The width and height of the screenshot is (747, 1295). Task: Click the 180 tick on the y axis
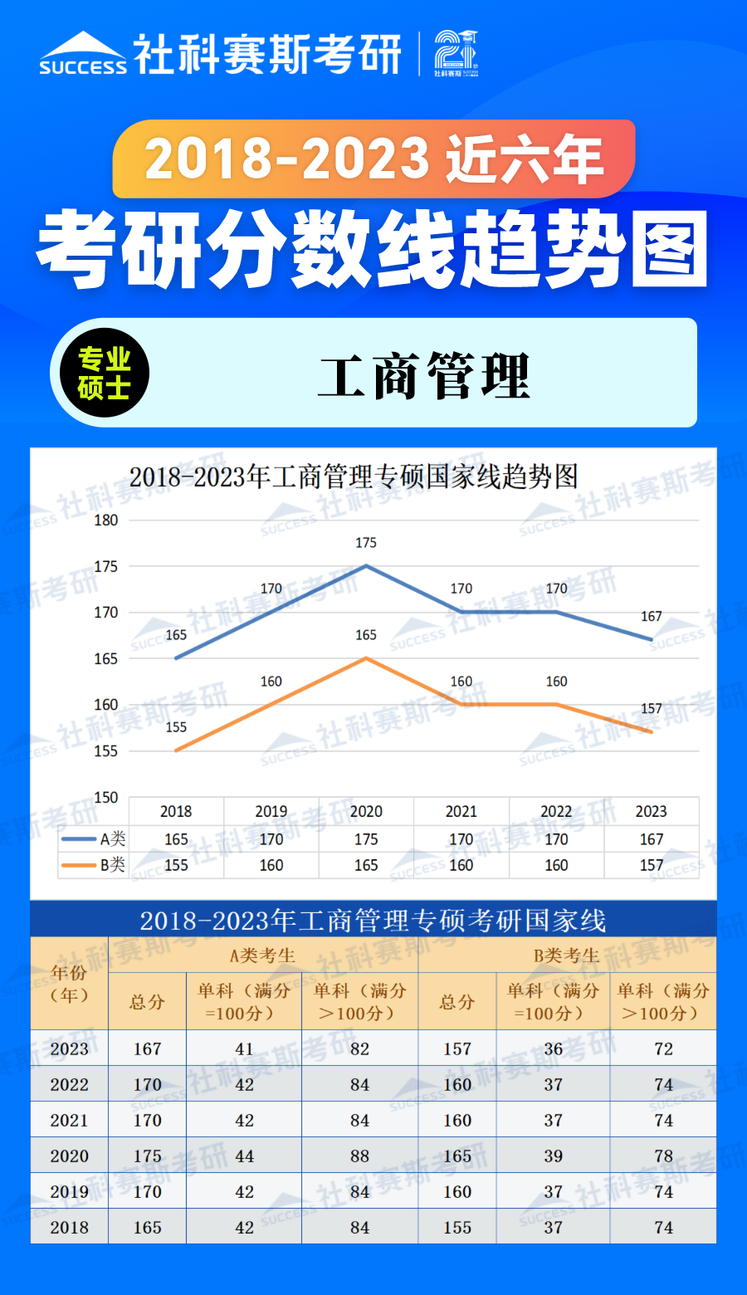click(x=106, y=520)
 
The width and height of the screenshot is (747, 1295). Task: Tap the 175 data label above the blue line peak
click(x=366, y=543)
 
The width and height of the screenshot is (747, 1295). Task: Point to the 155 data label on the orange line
click(x=176, y=727)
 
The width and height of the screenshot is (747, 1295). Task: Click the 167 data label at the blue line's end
click(x=652, y=617)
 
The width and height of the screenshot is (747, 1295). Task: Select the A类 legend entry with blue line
click(x=93, y=839)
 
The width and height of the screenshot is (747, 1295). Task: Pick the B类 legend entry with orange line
click(x=93, y=865)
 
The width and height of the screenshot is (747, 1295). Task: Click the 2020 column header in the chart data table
click(x=366, y=812)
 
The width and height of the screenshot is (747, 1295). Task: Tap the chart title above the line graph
click(x=354, y=477)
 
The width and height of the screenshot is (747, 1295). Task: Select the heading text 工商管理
click(x=423, y=376)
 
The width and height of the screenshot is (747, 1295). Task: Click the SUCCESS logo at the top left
click(x=83, y=55)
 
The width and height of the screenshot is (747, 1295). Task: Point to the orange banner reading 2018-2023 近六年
click(x=373, y=159)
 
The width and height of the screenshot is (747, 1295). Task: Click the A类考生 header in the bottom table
click(x=262, y=955)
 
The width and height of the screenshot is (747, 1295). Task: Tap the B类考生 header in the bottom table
click(x=567, y=955)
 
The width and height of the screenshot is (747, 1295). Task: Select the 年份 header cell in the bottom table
click(x=69, y=984)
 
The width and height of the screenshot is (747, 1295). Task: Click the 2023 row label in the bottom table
click(x=69, y=1049)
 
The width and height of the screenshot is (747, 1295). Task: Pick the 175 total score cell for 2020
click(x=148, y=1156)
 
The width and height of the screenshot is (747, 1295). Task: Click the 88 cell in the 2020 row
click(x=359, y=1156)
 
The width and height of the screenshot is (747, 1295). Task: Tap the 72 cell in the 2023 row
click(x=663, y=1049)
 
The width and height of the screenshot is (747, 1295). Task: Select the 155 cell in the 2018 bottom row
click(x=457, y=1228)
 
